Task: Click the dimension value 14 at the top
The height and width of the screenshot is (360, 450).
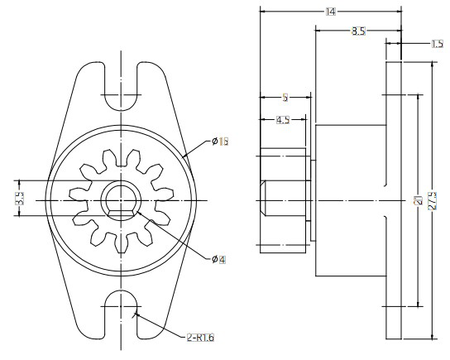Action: click(330, 11)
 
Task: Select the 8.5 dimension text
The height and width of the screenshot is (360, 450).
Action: click(357, 31)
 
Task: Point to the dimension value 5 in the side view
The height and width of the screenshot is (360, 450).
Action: click(285, 96)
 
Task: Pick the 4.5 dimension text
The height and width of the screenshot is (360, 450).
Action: click(282, 120)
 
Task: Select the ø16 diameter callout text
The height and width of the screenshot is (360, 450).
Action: click(219, 142)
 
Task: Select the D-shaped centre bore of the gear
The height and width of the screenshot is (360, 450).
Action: click(122, 199)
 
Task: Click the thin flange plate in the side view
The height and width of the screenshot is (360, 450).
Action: click(393, 199)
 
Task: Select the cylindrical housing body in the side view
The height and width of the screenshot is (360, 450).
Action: click(349, 199)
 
